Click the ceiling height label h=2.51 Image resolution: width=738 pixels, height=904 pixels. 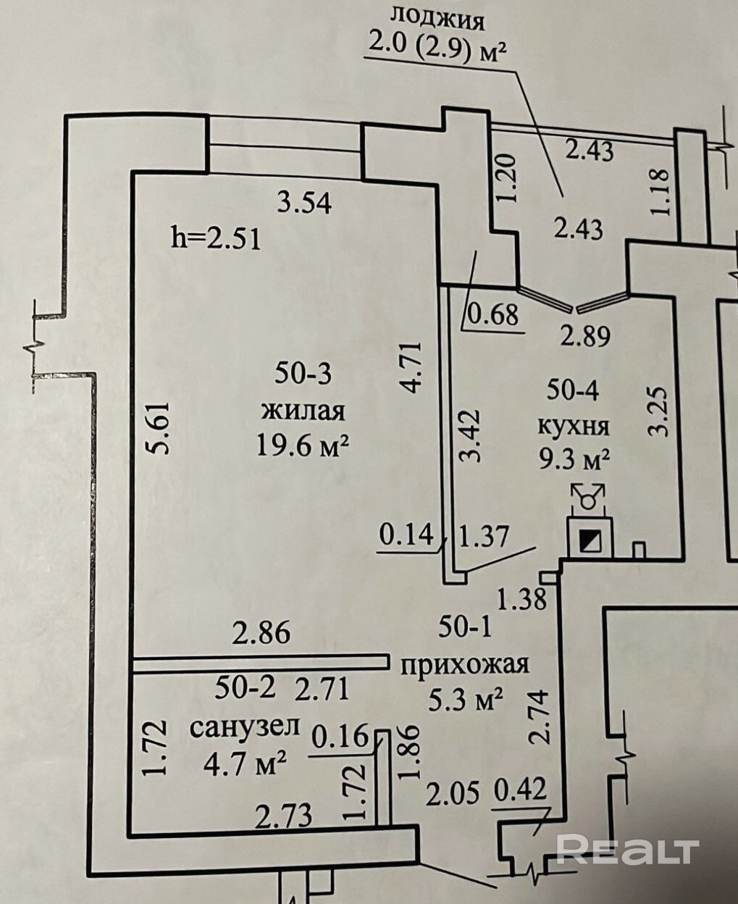pos(214,238)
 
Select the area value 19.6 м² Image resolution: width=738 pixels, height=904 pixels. pos(302,445)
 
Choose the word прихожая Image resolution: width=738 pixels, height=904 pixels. pos(465,664)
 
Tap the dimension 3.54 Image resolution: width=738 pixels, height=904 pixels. pos(305,204)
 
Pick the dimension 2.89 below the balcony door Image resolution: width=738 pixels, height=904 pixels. pos(587,336)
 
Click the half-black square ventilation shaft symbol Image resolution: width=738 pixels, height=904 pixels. pos(590,539)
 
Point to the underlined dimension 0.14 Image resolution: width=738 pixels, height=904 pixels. pos(406,535)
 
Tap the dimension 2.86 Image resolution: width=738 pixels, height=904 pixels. pos(261,632)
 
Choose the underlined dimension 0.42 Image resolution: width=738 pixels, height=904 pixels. pos(520,790)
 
